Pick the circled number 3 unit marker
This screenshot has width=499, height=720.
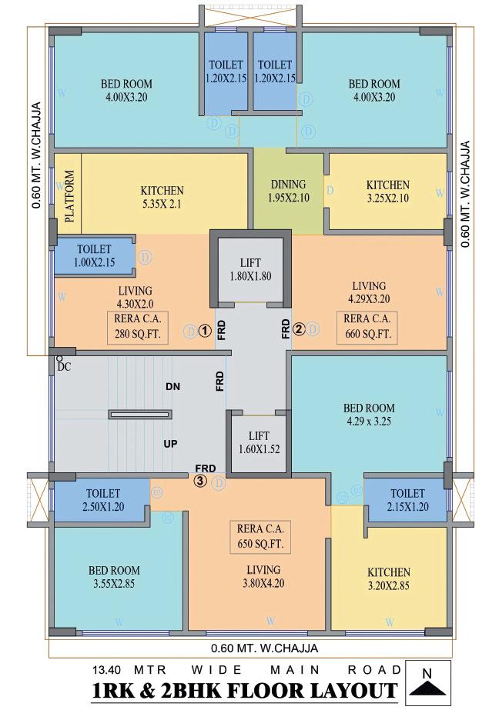[200, 482]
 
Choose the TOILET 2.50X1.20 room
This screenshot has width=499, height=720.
[102, 500]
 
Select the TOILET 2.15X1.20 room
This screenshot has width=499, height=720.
[407, 500]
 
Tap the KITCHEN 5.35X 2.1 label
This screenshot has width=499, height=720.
[162, 198]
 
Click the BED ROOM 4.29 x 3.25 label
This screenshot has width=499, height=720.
[370, 415]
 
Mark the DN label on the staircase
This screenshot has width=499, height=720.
[172, 388]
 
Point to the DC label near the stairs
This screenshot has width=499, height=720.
[63, 367]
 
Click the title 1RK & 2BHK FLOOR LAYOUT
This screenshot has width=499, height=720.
[245, 690]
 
